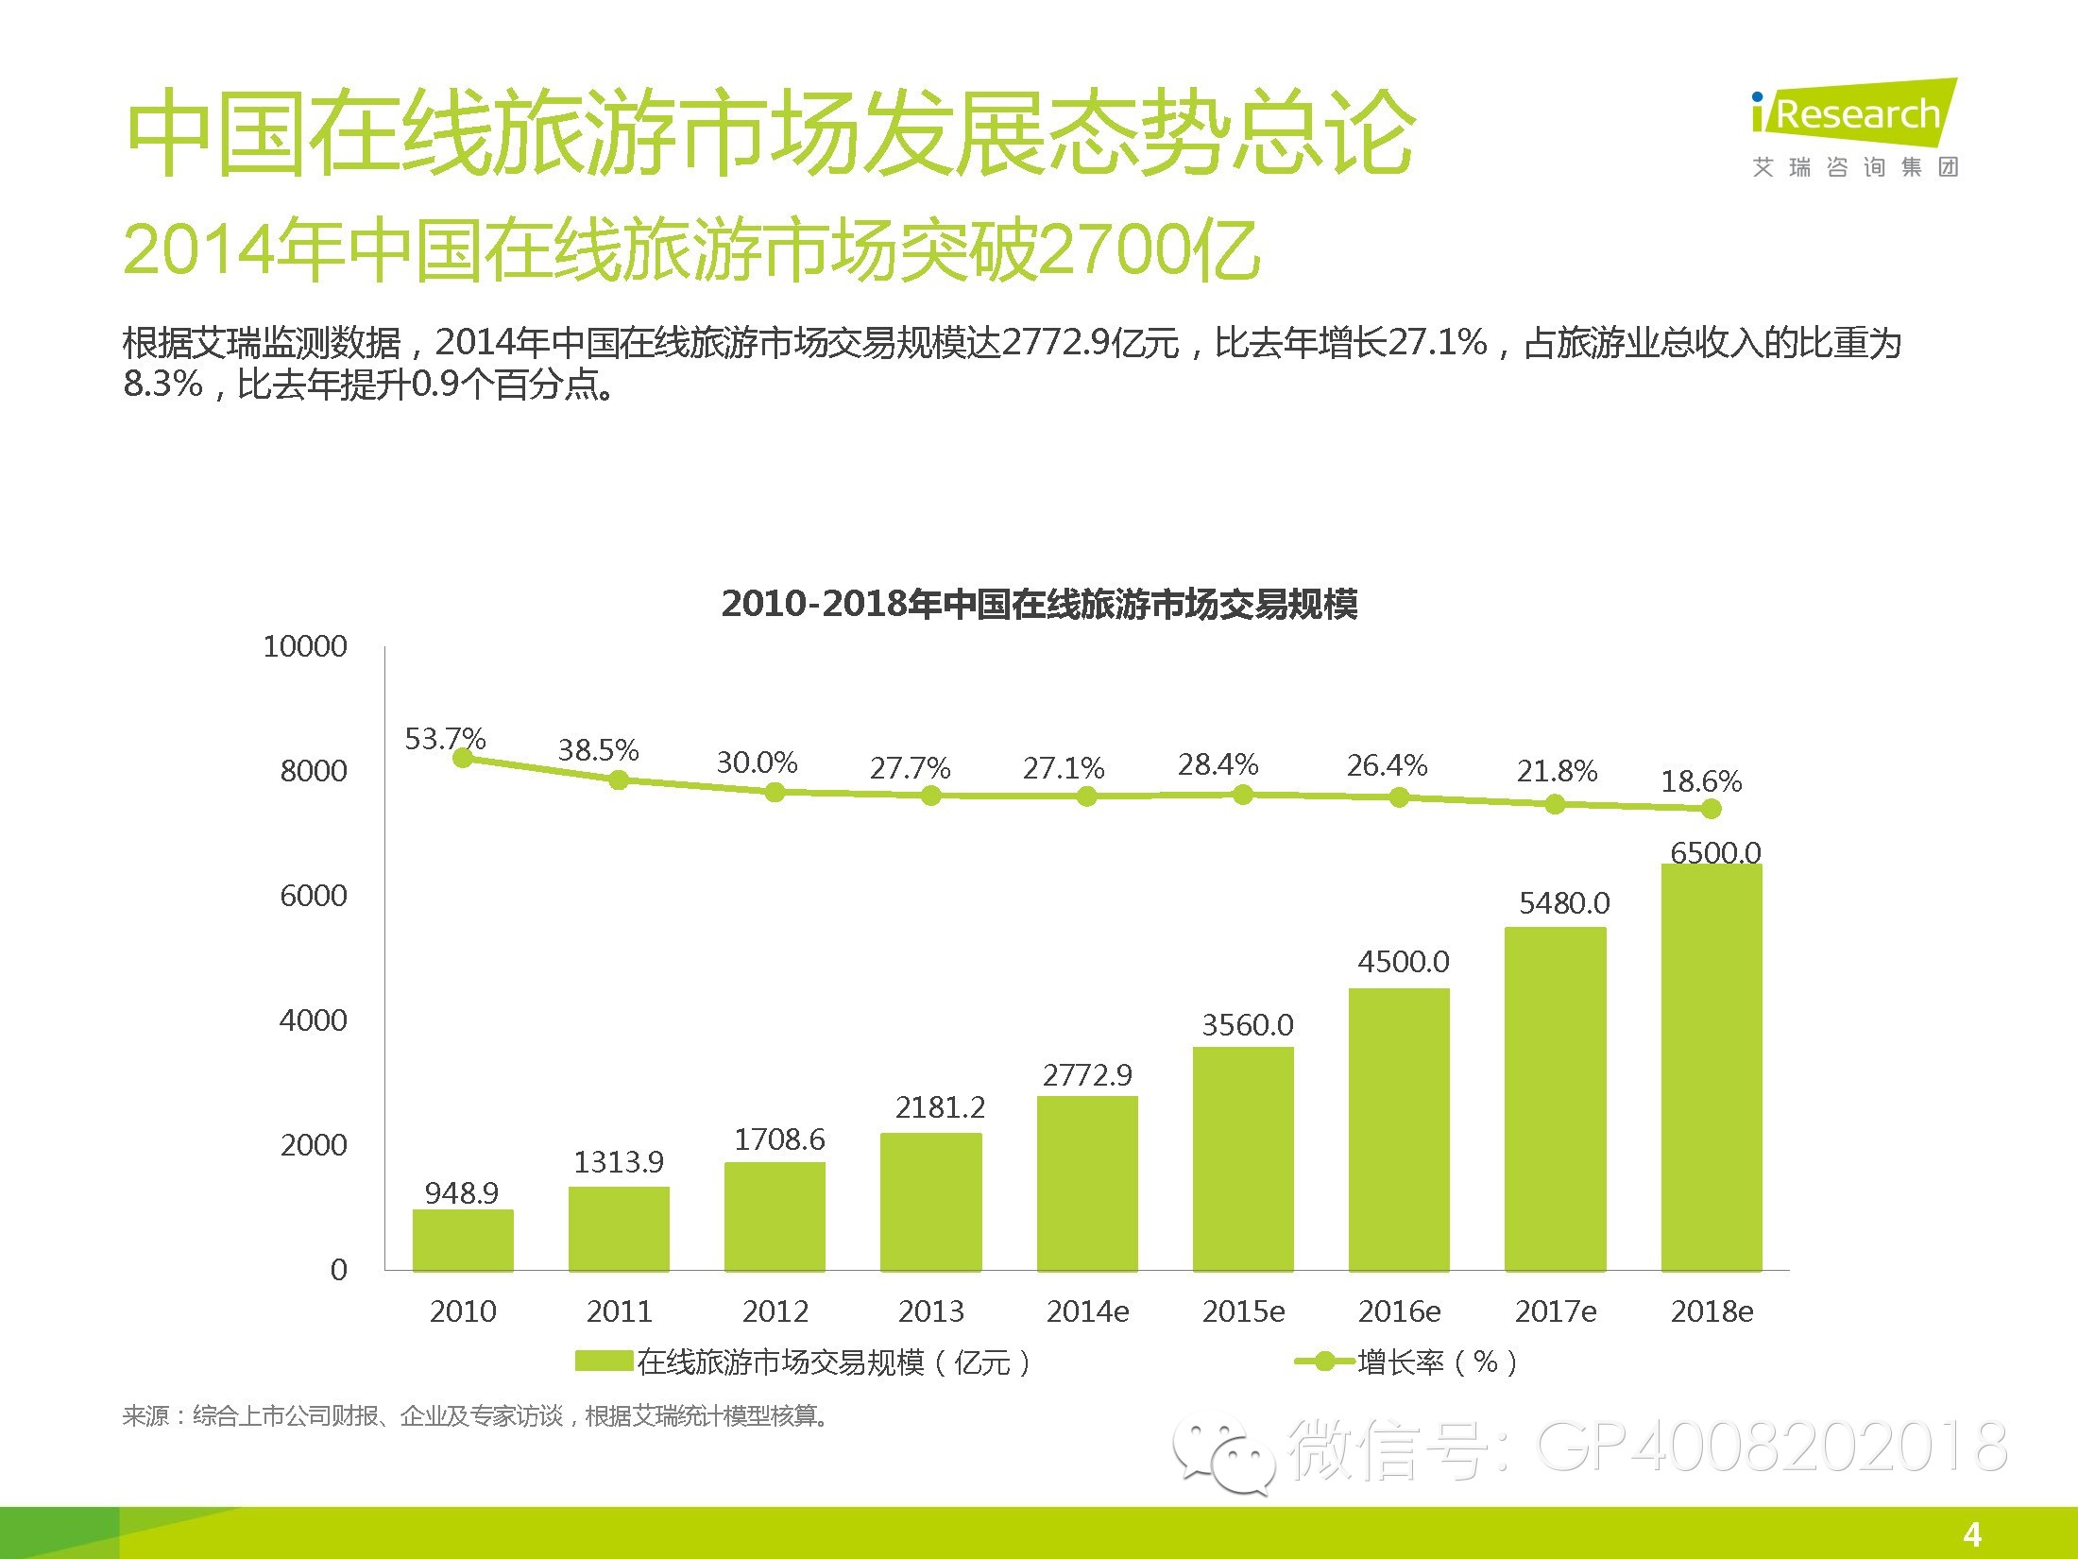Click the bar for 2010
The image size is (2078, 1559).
(463, 1240)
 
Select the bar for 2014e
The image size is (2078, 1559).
(1087, 1183)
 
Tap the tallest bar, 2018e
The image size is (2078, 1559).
(1712, 1068)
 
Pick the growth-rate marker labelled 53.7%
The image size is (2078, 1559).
(463, 758)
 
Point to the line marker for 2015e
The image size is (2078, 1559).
(1243, 796)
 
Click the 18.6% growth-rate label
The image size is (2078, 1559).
(1701, 781)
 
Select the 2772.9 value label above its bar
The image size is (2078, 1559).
(1087, 1075)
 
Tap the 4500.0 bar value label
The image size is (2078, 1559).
(1403, 962)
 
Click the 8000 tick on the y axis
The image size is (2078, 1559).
(314, 771)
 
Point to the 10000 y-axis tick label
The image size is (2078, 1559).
(305, 646)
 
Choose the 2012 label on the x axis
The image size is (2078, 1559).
(775, 1311)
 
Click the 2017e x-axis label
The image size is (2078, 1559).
(1556, 1311)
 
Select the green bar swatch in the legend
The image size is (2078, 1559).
(604, 1362)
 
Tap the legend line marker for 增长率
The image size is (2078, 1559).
(1324, 1362)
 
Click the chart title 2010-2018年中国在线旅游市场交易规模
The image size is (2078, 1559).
(1039, 604)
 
